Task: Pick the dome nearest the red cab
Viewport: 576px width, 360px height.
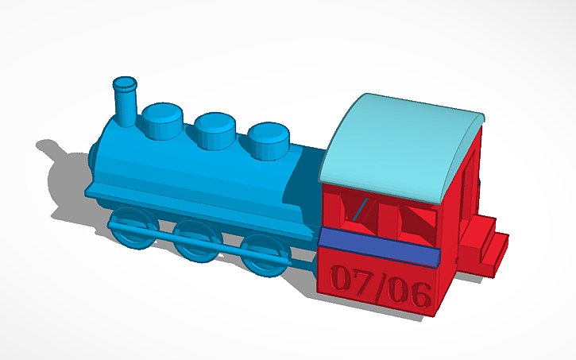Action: tap(269, 141)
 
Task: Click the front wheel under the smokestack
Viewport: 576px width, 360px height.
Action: tap(131, 227)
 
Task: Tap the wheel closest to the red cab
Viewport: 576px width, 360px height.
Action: tap(262, 254)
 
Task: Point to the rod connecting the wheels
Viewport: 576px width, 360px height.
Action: tap(199, 244)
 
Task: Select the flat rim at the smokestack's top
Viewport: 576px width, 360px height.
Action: tap(125, 82)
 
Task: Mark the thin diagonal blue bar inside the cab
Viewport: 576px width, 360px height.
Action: tap(361, 207)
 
